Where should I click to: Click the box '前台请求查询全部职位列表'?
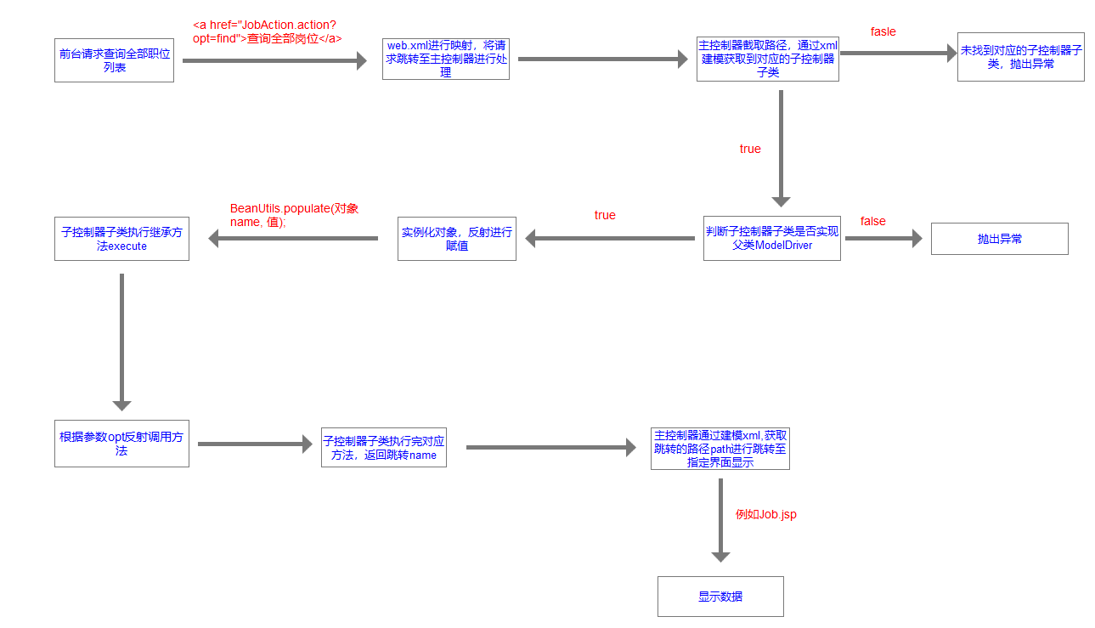coord(114,60)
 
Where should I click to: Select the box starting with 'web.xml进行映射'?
coord(445,59)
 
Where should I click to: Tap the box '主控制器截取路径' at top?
coord(767,59)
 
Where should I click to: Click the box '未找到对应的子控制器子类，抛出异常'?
coord(1020,58)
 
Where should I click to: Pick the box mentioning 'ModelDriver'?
coord(771,238)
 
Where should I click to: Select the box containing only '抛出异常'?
coord(999,240)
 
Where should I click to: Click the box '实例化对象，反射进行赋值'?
coord(456,239)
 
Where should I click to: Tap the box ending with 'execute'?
coord(121,239)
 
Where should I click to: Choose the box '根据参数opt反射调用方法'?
coord(121,444)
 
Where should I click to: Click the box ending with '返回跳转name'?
coord(383,447)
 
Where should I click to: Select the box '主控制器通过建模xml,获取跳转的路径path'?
coord(720,448)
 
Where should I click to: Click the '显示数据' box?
coord(720,597)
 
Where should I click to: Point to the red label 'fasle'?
coord(883,31)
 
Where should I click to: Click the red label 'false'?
coord(872,221)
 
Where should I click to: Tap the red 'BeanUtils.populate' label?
coord(294,214)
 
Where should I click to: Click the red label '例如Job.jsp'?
coord(765,514)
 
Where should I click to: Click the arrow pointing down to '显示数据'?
coord(720,520)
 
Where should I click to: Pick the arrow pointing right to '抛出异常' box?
coord(883,239)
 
